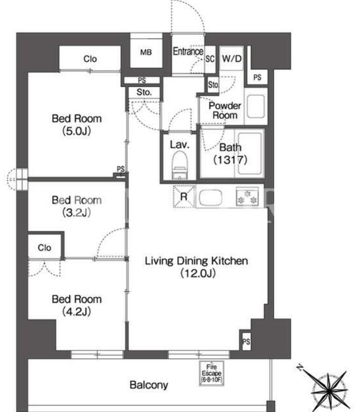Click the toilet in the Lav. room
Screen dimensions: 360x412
click(x=180, y=165)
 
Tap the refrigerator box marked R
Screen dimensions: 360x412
click(x=184, y=196)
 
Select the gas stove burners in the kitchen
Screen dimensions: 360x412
click(x=247, y=196)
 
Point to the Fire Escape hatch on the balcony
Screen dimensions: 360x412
click(x=211, y=373)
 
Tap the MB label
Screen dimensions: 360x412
click(x=146, y=52)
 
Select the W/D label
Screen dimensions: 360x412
click(x=232, y=59)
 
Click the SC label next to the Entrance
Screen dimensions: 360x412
click(x=210, y=59)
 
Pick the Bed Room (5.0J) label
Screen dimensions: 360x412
click(x=77, y=124)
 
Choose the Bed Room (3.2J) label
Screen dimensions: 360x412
click(x=77, y=206)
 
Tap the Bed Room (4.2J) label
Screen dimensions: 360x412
click(x=77, y=305)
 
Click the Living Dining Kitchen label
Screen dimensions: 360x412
click(x=196, y=267)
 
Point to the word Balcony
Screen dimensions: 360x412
click(x=149, y=385)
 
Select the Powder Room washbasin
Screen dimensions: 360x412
click(x=255, y=106)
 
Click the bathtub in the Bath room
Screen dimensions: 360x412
click(x=250, y=154)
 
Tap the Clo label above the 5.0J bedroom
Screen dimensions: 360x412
click(x=90, y=59)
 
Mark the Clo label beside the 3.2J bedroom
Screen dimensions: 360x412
click(x=45, y=248)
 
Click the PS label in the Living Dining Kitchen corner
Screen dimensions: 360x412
click(x=246, y=342)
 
